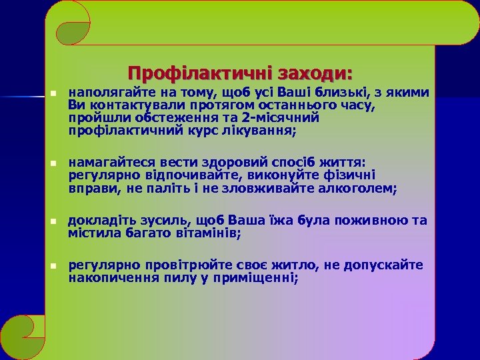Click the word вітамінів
pyautogui.click(x=207, y=233)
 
